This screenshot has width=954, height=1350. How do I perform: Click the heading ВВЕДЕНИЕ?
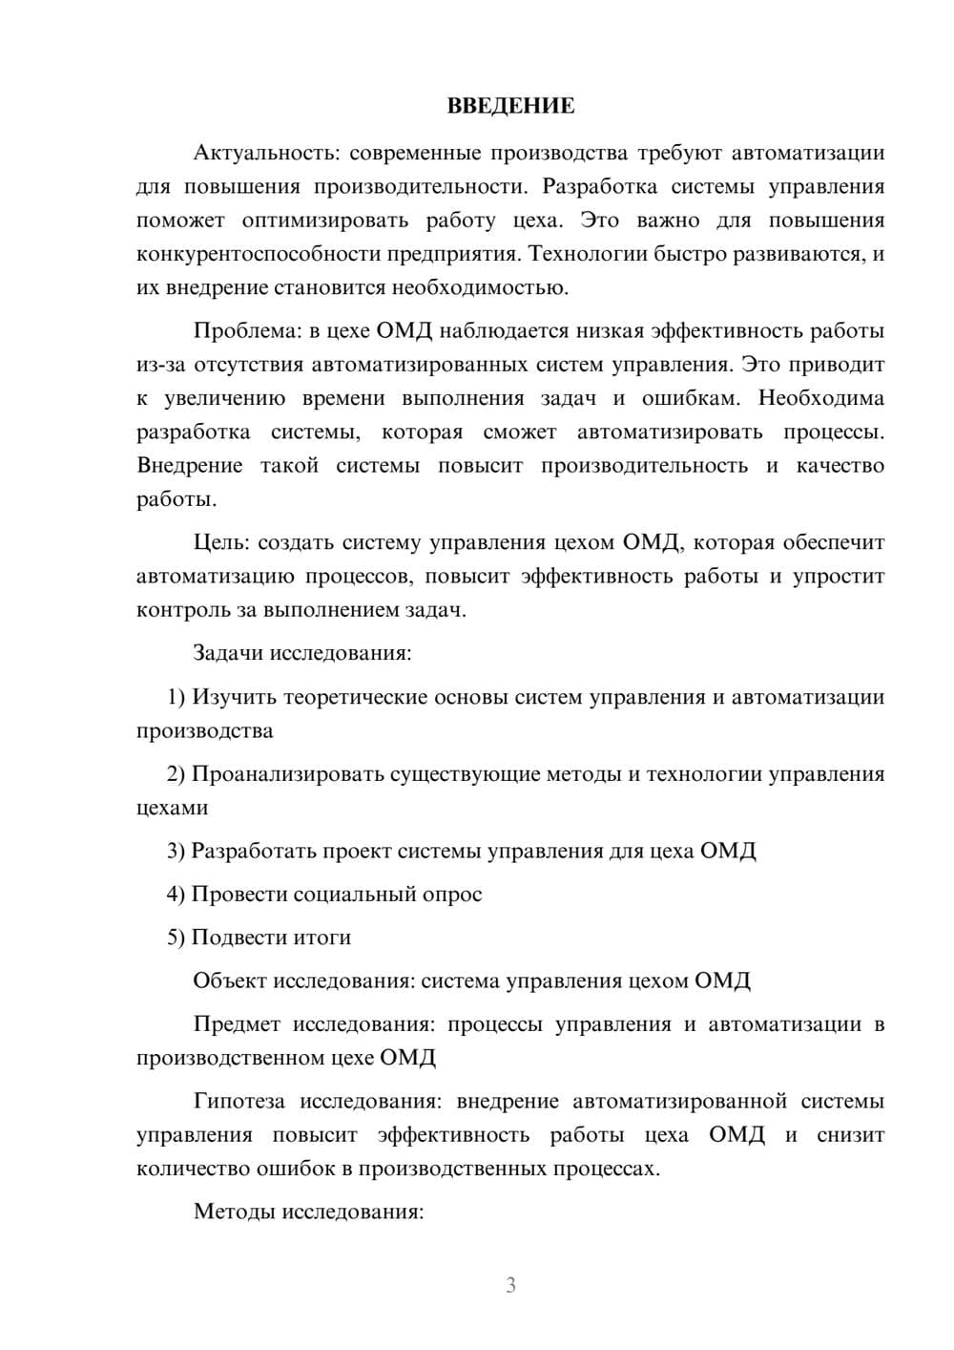click(x=510, y=106)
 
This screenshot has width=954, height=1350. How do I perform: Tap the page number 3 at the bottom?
click(x=510, y=1285)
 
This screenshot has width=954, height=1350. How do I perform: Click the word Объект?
click(x=230, y=981)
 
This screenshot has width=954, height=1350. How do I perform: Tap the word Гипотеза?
click(x=238, y=1102)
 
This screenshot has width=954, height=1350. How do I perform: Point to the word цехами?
click(x=172, y=809)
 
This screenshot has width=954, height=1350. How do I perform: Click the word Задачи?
click(x=228, y=654)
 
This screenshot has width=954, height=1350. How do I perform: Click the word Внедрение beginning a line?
click(x=190, y=467)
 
